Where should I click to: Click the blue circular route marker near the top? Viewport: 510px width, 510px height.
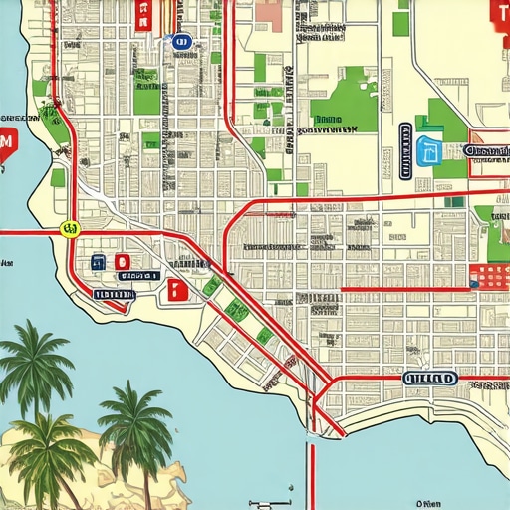(180, 41)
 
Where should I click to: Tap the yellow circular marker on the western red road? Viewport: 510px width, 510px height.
(69, 228)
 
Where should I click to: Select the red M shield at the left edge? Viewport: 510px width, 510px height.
(6, 145)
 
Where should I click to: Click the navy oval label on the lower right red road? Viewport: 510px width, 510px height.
(430, 379)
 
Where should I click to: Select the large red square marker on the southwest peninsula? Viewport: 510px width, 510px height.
(178, 290)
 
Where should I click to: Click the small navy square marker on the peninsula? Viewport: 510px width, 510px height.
(98, 263)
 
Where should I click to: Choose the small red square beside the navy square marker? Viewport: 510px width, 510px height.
(122, 263)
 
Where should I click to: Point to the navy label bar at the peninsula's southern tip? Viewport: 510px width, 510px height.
(112, 294)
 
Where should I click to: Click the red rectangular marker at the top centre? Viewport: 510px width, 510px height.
(141, 16)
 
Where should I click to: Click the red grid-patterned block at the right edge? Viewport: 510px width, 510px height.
(489, 276)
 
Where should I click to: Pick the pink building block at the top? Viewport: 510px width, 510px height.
(269, 13)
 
